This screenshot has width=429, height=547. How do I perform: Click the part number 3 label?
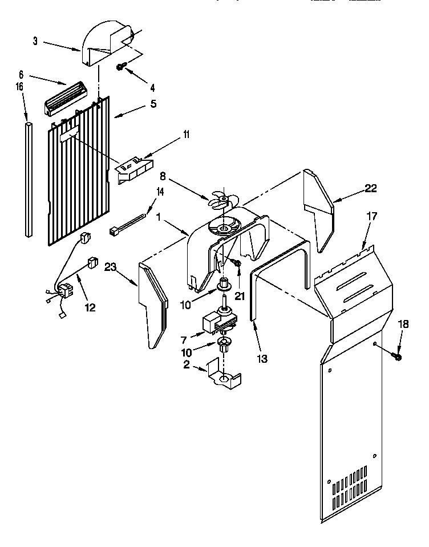click(x=35, y=41)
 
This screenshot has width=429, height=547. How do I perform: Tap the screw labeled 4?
click(x=121, y=67)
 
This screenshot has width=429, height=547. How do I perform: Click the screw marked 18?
click(x=397, y=356)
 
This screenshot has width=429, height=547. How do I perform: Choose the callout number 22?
click(x=371, y=188)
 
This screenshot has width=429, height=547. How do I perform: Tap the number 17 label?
click(x=371, y=217)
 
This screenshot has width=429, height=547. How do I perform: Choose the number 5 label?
click(x=153, y=104)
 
